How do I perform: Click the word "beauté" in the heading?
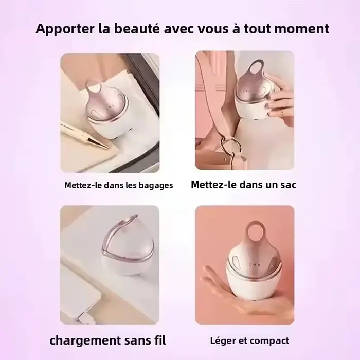point(137,28)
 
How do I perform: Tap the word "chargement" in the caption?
point(85,340)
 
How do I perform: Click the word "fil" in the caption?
point(160,340)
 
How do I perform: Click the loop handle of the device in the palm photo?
point(255,231)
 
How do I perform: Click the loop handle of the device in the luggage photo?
point(94,87)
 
